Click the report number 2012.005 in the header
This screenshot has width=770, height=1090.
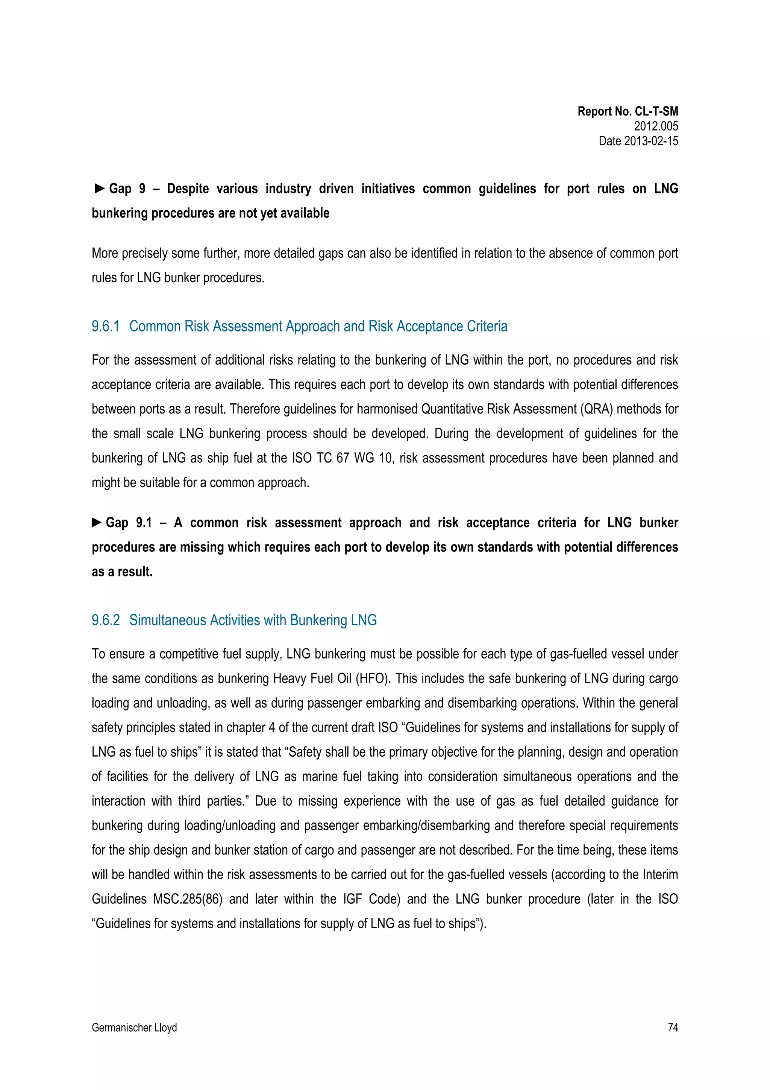point(656,126)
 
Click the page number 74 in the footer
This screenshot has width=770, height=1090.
point(672,1027)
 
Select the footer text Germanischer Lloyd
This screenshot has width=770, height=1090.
point(134,1027)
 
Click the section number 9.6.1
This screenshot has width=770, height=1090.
point(105,327)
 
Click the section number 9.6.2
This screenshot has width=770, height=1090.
point(105,620)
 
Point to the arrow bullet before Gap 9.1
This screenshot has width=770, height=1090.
point(97,523)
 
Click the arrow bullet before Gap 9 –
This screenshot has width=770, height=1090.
point(99,189)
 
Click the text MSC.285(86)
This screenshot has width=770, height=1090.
point(188,899)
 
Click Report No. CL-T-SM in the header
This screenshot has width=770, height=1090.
point(627,112)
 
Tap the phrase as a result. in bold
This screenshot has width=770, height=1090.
point(122,572)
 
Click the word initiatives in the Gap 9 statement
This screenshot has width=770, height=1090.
point(388,189)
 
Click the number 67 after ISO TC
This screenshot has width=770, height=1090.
point(343,458)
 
